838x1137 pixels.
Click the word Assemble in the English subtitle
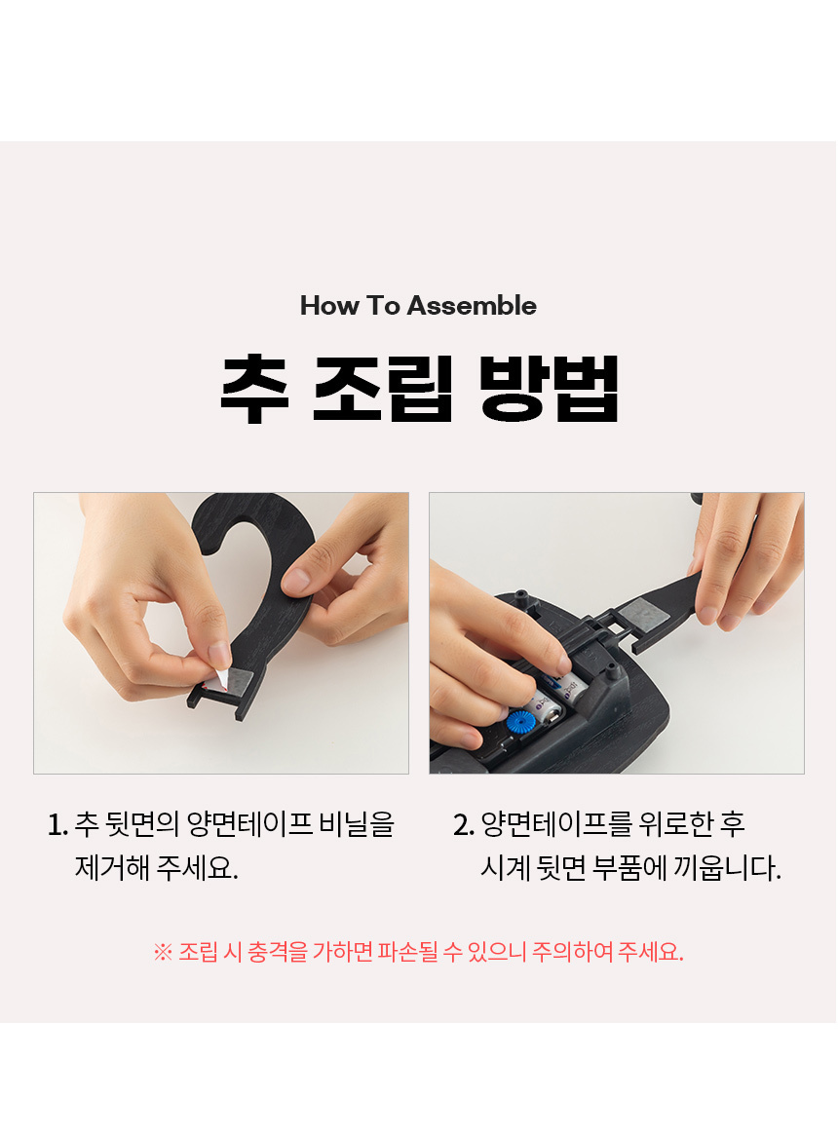472,306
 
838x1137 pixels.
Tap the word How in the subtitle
328,306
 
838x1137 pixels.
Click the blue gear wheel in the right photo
520,722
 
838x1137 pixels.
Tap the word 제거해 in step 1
113,868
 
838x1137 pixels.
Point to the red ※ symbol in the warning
163,952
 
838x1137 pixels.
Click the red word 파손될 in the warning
407,951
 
